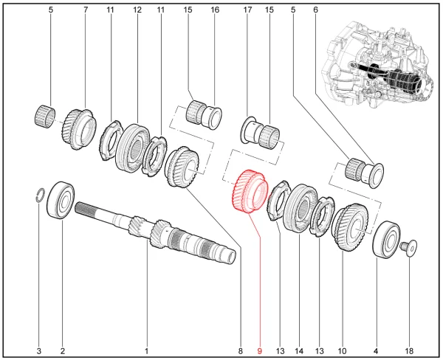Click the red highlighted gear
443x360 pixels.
(249, 193)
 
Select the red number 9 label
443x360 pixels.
(259, 350)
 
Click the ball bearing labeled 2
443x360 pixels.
(61, 200)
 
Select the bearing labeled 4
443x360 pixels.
(386, 238)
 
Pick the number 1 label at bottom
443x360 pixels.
(146, 350)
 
